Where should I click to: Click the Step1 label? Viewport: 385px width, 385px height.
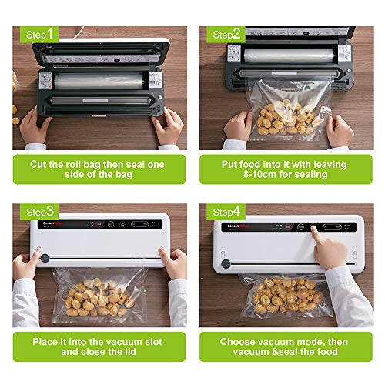point(41,35)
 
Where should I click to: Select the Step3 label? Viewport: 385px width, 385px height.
point(41,211)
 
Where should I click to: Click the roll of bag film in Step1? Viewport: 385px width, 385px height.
point(96,81)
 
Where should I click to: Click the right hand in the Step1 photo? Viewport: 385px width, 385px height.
point(168,126)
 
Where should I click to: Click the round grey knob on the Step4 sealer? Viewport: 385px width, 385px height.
point(225,264)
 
